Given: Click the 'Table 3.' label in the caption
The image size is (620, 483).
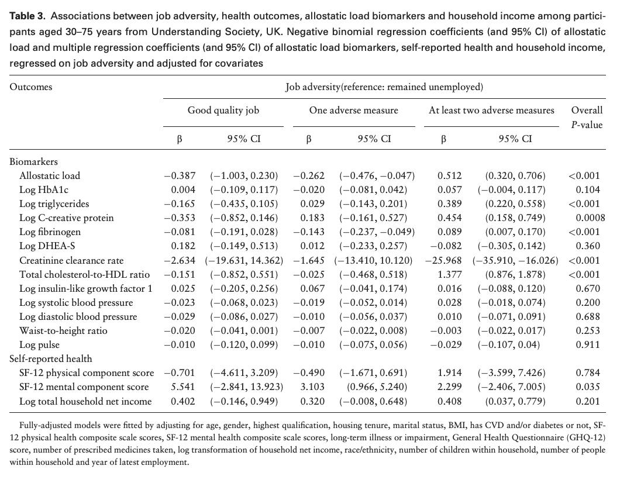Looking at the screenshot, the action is pyautogui.click(x=27, y=16).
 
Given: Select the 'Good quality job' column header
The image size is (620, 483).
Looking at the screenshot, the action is pyautogui.click(x=223, y=111).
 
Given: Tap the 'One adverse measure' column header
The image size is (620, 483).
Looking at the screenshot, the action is pyautogui.click(x=353, y=111).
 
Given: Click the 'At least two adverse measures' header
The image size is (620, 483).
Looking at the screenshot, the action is pyautogui.click(x=491, y=111).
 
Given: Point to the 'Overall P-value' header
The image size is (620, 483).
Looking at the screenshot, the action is pyautogui.click(x=587, y=118).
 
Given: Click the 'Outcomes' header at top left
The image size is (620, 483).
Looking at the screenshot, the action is pyautogui.click(x=31, y=87).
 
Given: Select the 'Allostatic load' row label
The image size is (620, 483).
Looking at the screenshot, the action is pyautogui.click(x=50, y=175).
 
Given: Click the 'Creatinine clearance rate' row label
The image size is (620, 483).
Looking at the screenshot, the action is pyautogui.click(x=71, y=260).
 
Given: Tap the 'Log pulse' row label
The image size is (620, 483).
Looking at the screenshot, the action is pyautogui.click(x=40, y=344).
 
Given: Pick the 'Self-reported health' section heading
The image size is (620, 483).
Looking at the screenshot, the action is pyautogui.click(x=51, y=358).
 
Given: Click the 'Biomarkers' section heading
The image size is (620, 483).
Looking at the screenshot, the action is pyautogui.click(x=33, y=161).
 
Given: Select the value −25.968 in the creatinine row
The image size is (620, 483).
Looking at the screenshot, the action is pyautogui.click(x=443, y=260).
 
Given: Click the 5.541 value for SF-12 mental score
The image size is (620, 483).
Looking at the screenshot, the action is pyautogui.click(x=183, y=387).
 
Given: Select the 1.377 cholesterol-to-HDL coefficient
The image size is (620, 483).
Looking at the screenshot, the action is pyautogui.click(x=450, y=274).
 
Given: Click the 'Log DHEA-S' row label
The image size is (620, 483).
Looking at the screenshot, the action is pyautogui.click(x=47, y=246).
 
